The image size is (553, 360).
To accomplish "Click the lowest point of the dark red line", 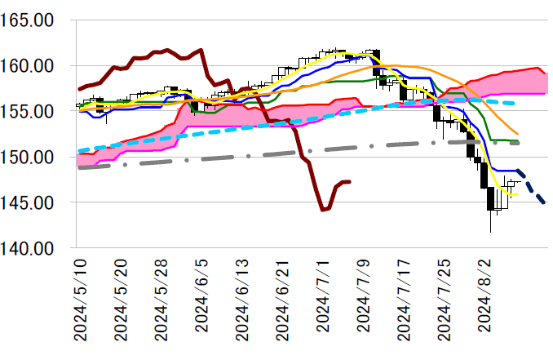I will [323, 210].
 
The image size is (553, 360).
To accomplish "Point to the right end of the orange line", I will [518, 134].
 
